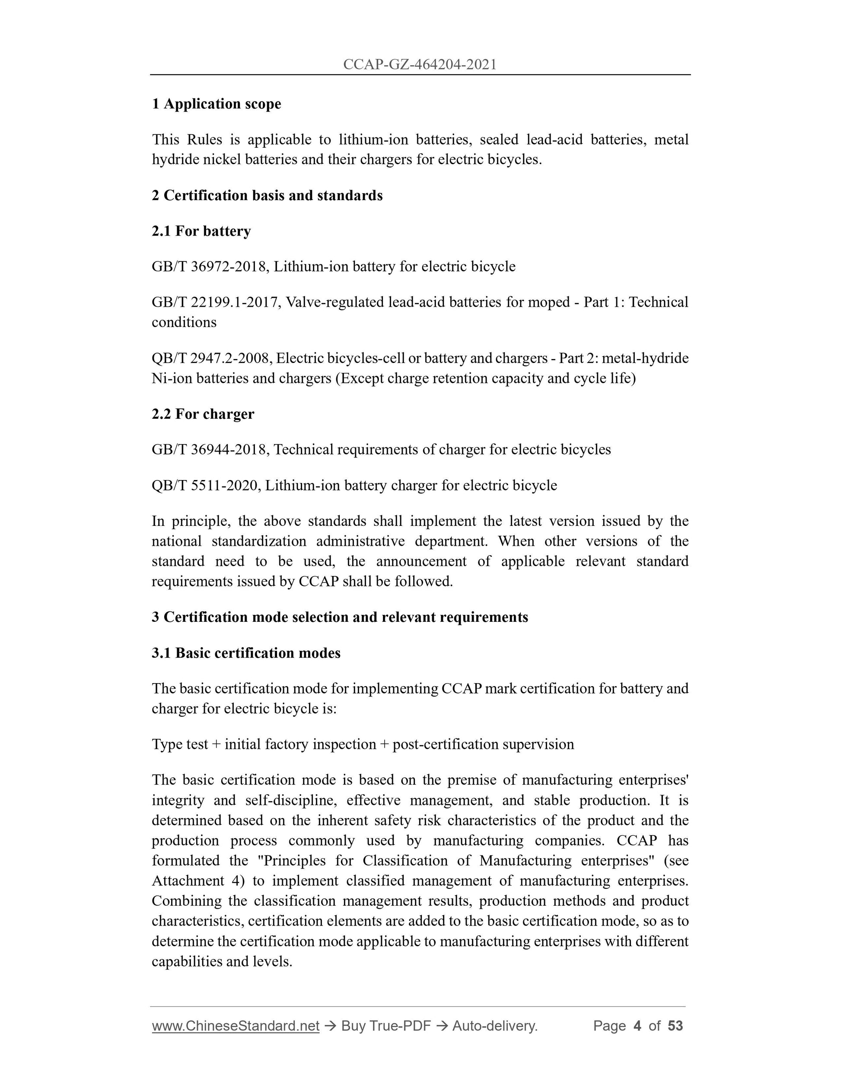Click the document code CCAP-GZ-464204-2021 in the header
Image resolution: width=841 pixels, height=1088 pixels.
point(420,64)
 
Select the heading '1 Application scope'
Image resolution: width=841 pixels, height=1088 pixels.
point(216,104)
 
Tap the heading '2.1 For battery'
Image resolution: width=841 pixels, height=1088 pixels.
point(201,231)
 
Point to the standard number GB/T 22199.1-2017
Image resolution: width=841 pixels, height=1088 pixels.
point(214,302)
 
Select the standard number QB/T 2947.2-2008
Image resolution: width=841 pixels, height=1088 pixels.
point(211,358)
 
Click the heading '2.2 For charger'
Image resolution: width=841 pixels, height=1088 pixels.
point(203,414)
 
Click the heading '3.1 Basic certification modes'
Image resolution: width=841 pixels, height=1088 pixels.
point(246,653)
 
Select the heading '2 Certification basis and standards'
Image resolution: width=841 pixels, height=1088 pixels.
point(267,195)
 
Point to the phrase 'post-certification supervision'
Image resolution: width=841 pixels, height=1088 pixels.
point(483,744)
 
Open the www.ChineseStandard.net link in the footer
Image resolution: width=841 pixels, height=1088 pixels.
point(235,1026)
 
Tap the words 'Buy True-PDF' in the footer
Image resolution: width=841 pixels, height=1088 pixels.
point(385,1026)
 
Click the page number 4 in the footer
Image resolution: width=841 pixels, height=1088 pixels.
point(637,1026)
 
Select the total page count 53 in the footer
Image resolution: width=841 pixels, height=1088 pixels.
point(675,1026)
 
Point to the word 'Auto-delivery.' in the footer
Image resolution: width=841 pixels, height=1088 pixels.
point(495,1026)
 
